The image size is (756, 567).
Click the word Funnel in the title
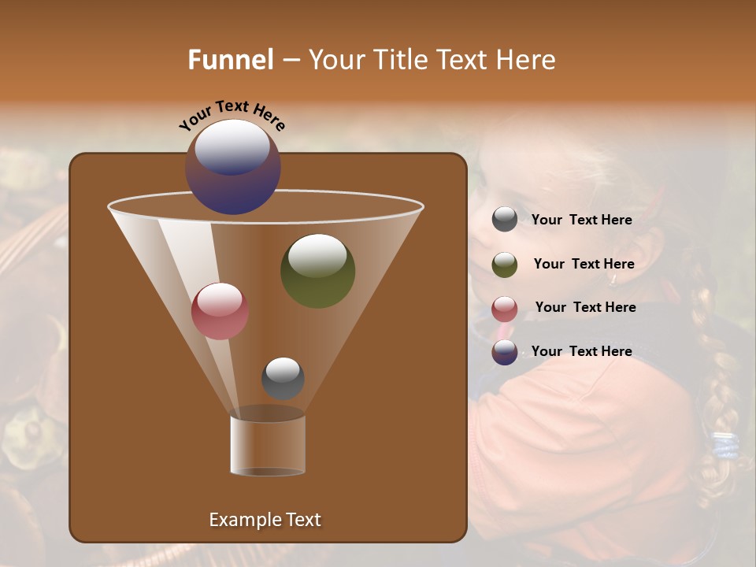click(231, 60)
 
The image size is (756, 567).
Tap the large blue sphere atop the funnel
click(233, 166)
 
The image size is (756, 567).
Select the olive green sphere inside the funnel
click(317, 270)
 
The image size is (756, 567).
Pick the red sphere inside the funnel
click(220, 311)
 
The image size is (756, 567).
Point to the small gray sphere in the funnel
click(283, 378)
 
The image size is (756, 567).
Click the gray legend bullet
click(505, 220)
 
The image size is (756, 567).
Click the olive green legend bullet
click(505, 265)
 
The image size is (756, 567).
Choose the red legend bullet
click(505, 308)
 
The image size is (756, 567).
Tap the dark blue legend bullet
click(505, 352)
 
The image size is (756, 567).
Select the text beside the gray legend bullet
click(581, 220)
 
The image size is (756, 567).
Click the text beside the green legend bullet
click(584, 264)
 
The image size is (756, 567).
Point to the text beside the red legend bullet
click(585, 307)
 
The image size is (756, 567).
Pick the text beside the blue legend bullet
click(581, 351)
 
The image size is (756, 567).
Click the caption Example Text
click(265, 520)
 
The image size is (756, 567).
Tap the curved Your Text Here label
click(232, 115)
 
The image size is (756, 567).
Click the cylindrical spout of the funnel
click(268, 445)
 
